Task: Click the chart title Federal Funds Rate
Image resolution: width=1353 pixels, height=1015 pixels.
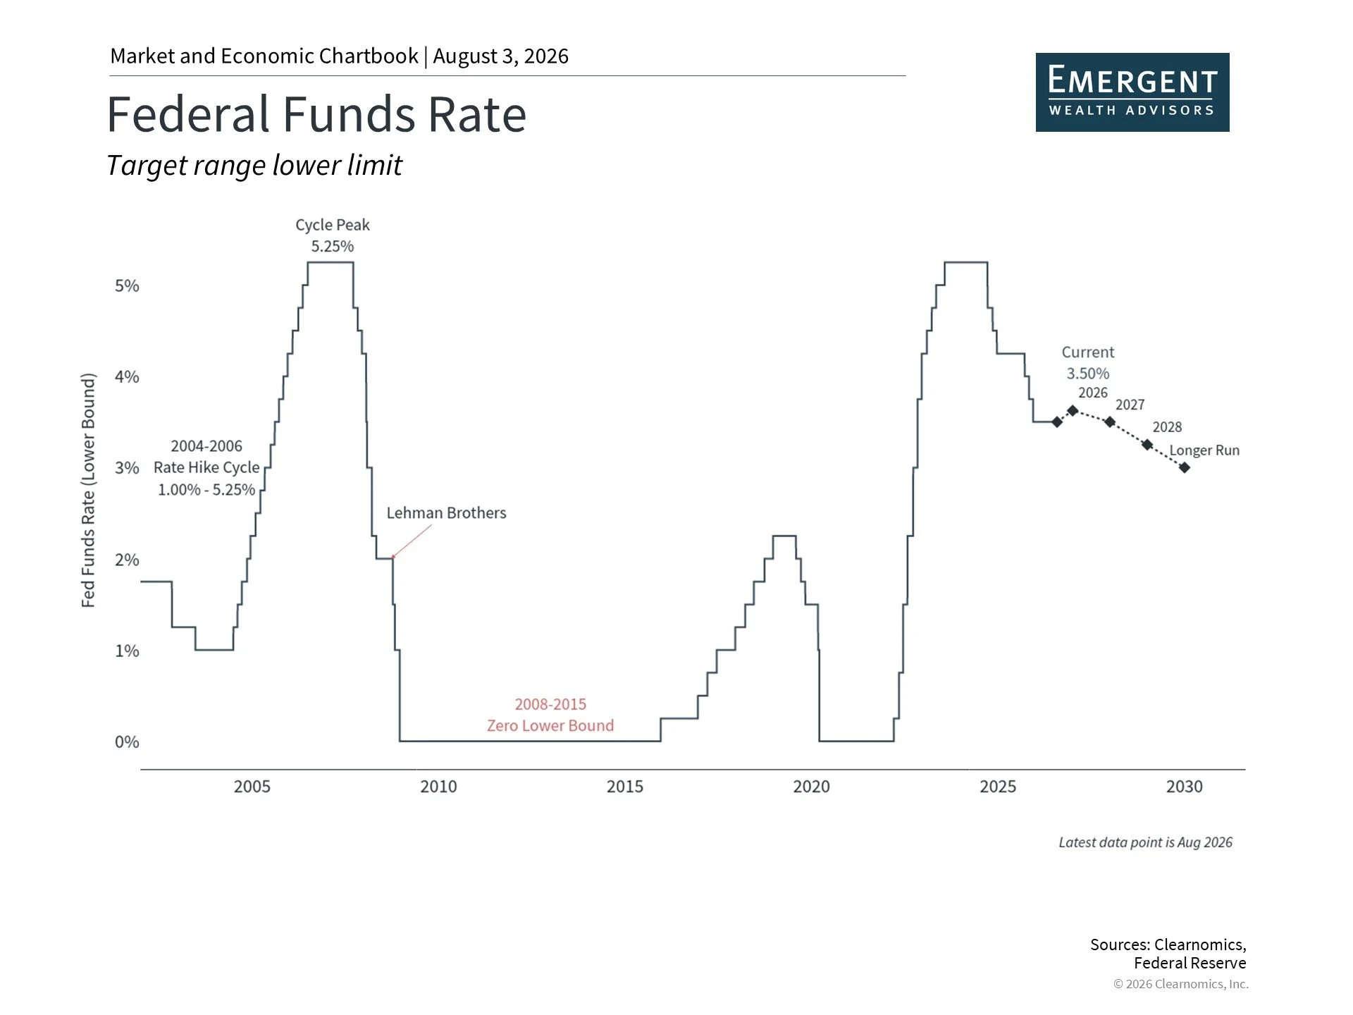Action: (x=316, y=114)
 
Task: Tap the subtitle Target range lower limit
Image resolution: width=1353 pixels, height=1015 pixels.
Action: (x=254, y=166)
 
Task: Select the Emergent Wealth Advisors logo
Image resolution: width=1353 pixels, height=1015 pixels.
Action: (x=1132, y=92)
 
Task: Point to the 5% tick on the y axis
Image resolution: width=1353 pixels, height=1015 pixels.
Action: (x=127, y=285)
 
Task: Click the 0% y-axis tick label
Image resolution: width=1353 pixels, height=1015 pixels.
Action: (x=127, y=742)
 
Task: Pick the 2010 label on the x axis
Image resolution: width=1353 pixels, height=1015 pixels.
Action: (x=438, y=787)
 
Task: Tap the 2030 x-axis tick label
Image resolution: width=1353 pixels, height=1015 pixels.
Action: (x=1185, y=787)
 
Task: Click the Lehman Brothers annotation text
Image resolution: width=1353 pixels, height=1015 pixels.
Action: (x=446, y=513)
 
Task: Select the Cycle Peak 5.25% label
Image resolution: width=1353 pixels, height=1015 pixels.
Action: (x=333, y=235)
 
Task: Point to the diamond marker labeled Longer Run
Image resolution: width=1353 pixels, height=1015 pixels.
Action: (x=1185, y=467)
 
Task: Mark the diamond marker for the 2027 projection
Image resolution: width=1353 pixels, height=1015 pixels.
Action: (x=1110, y=422)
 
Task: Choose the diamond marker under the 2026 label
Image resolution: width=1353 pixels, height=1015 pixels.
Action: (x=1073, y=410)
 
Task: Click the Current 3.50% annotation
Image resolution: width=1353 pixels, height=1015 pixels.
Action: (x=1088, y=363)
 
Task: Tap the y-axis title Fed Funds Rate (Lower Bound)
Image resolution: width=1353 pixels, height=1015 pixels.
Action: (x=88, y=491)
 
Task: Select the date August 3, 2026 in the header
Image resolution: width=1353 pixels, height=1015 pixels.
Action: (x=500, y=56)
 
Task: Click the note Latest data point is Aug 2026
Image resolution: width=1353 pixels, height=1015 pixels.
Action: (x=1146, y=842)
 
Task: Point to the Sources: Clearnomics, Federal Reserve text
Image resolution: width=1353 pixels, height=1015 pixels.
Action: (x=1168, y=954)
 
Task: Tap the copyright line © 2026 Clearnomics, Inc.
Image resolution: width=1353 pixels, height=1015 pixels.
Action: (x=1181, y=984)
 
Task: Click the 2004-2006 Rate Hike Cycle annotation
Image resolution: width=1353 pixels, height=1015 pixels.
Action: (x=206, y=468)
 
